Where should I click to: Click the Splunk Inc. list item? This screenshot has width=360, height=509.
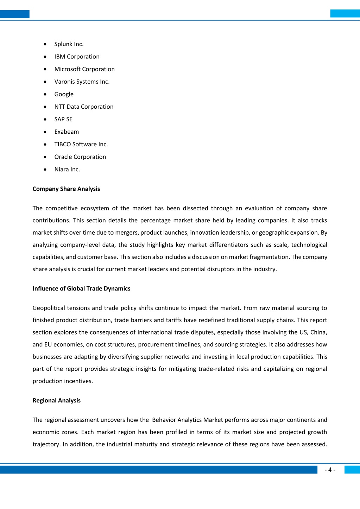[x=69, y=44]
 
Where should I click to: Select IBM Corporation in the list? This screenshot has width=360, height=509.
[x=77, y=57]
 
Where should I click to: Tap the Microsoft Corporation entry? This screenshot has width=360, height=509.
[x=84, y=69]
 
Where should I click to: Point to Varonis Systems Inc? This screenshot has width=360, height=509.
[x=82, y=82]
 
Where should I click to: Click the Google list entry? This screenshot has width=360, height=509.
[x=64, y=94]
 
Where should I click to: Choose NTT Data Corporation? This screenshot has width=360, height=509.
[x=84, y=107]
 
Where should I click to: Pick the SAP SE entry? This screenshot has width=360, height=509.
[x=63, y=119]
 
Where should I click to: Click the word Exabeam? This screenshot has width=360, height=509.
[x=67, y=132]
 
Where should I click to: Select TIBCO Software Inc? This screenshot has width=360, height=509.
[x=81, y=144]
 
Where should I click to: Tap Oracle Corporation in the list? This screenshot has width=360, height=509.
[x=80, y=157]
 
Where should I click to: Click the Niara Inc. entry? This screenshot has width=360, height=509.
[x=67, y=170]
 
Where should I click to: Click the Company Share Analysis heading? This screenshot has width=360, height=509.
[x=66, y=189]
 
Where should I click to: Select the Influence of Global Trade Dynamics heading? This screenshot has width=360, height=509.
[x=81, y=288]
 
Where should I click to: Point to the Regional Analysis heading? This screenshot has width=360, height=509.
[x=56, y=400]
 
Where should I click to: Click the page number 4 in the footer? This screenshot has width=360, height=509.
[x=330, y=470]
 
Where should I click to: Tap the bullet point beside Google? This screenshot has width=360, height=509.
[x=45, y=94]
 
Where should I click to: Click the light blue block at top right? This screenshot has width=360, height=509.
[x=345, y=13]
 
